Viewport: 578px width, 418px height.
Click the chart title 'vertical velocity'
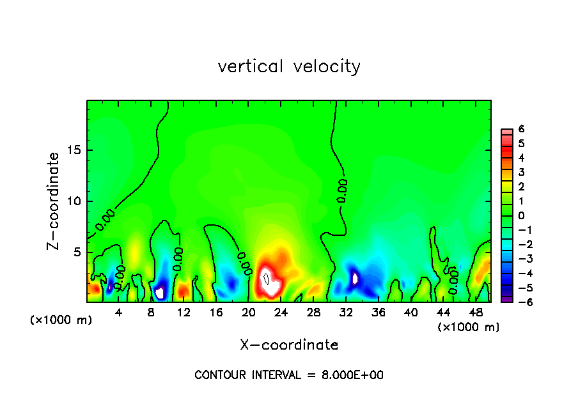[289, 66]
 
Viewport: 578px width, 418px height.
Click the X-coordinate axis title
[289, 345]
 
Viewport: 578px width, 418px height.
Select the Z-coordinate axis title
[55, 201]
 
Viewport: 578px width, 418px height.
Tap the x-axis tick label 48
[476, 313]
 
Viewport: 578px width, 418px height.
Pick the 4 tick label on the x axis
[119, 313]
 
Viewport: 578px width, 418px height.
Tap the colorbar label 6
[521, 129]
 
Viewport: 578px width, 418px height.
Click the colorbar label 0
[521, 215]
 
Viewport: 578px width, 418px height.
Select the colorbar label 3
[521, 172]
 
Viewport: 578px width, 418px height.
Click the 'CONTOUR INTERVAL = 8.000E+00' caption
[289, 375]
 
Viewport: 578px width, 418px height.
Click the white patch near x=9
[160, 293]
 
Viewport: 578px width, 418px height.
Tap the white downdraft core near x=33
[355, 279]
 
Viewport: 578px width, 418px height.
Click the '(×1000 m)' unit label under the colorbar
[469, 327]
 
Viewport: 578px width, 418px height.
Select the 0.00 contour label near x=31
[343, 190]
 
